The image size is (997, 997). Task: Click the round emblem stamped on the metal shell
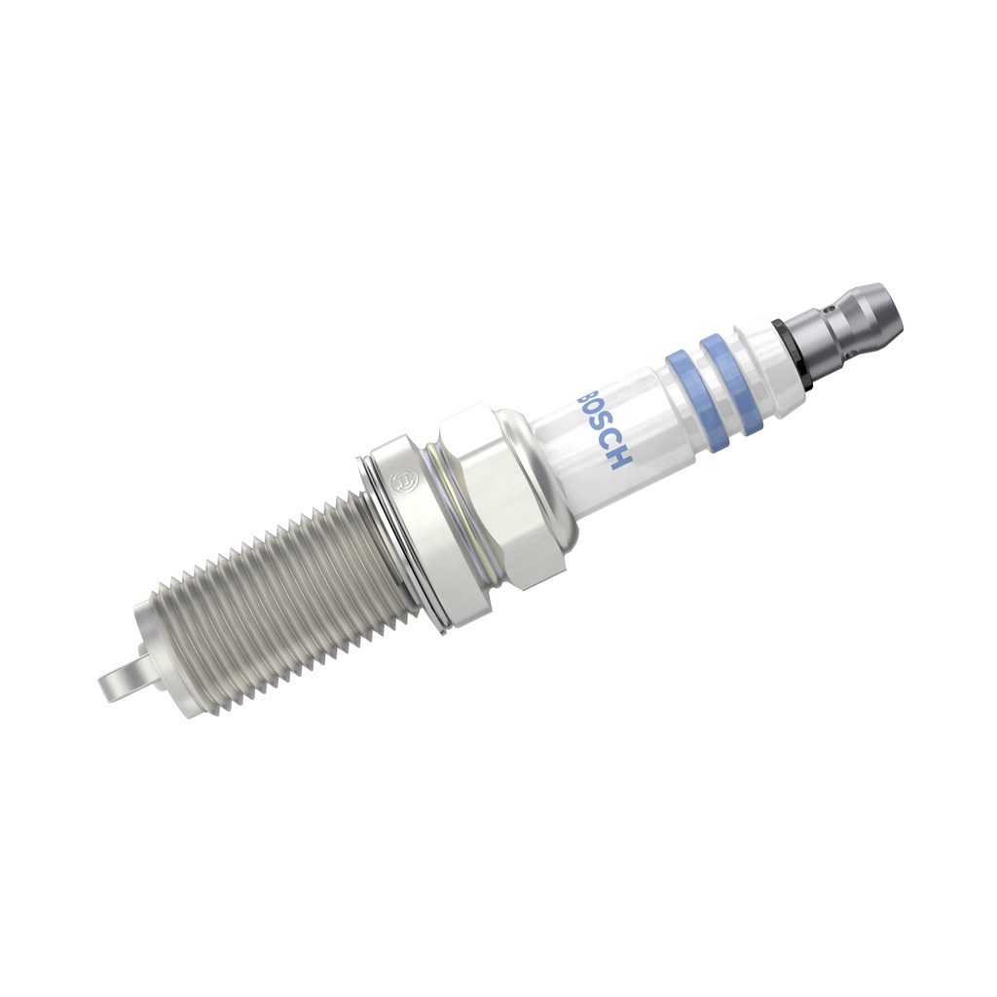[x=399, y=482]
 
